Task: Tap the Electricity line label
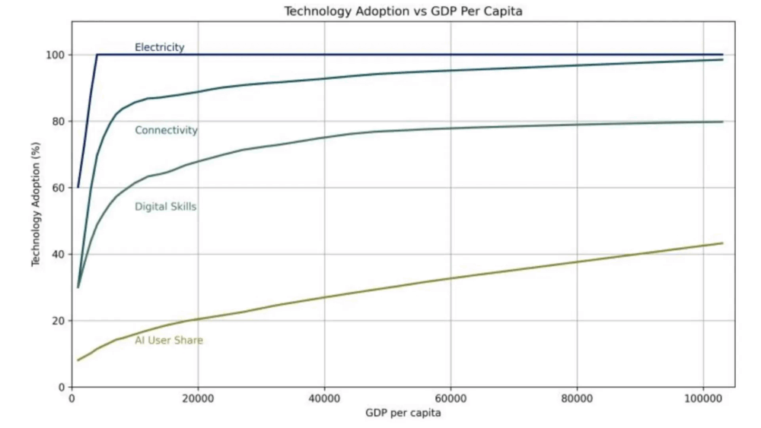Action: tap(159, 47)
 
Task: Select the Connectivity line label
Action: tap(166, 130)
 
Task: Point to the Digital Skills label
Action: tap(165, 207)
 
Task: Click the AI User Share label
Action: tap(168, 340)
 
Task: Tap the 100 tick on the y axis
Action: tap(55, 55)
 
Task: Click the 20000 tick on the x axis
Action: tap(198, 398)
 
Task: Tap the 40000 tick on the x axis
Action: tap(324, 398)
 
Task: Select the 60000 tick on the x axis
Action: tap(451, 398)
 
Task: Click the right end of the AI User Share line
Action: tap(721, 243)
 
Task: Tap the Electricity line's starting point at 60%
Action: tap(78, 187)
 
